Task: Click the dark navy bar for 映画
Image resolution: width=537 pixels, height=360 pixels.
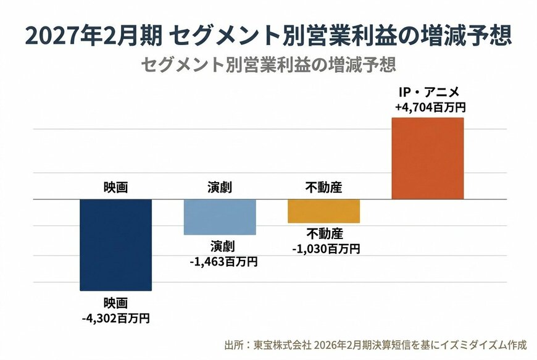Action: click(x=116, y=245)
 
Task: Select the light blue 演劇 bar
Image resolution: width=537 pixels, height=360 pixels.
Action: click(x=220, y=217)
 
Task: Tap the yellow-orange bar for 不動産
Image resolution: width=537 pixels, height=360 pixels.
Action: click(x=324, y=211)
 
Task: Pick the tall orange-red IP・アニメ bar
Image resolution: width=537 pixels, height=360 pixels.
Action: click(x=428, y=158)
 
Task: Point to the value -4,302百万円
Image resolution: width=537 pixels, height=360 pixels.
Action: click(x=116, y=319)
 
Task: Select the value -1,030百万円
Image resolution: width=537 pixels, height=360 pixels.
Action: click(x=325, y=249)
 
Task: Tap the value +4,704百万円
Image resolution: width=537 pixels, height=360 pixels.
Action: click(x=430, y=107)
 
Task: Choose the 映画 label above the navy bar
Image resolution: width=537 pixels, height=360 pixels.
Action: click(x=115, y=188)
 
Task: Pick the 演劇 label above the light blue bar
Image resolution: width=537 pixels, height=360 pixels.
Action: click(x=219, y=188)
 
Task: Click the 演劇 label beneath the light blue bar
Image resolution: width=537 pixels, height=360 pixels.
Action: click(x=219, y=247)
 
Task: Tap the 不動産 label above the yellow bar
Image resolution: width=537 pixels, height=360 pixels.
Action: click(x=324, y=188)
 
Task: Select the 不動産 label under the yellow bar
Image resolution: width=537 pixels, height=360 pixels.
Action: click(x=324, y=234)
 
